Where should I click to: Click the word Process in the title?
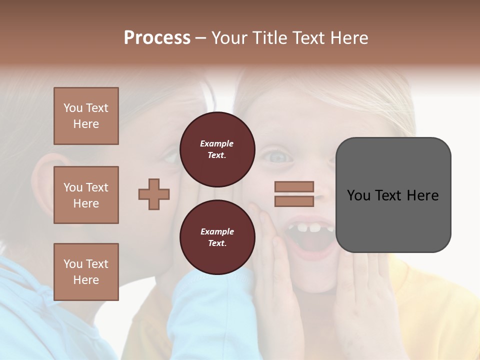click(157, 38)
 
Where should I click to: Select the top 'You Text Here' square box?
click(86, 116)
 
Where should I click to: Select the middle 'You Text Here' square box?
click(86, 195)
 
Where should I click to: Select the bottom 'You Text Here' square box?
click(86, 271)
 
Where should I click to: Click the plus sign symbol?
click(154, 194)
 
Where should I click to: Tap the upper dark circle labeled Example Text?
click(217, 149)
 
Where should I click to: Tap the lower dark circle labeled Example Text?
click(217, 237)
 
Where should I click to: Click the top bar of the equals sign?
click(294, 187)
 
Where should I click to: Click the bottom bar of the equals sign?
click(294, 201)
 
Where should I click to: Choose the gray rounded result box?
click(393, 195)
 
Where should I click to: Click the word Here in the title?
click(349, 38)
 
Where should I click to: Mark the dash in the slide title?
click(201, 38)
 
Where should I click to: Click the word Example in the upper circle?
click(216, 143)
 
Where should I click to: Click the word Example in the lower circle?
click(217, 231)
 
